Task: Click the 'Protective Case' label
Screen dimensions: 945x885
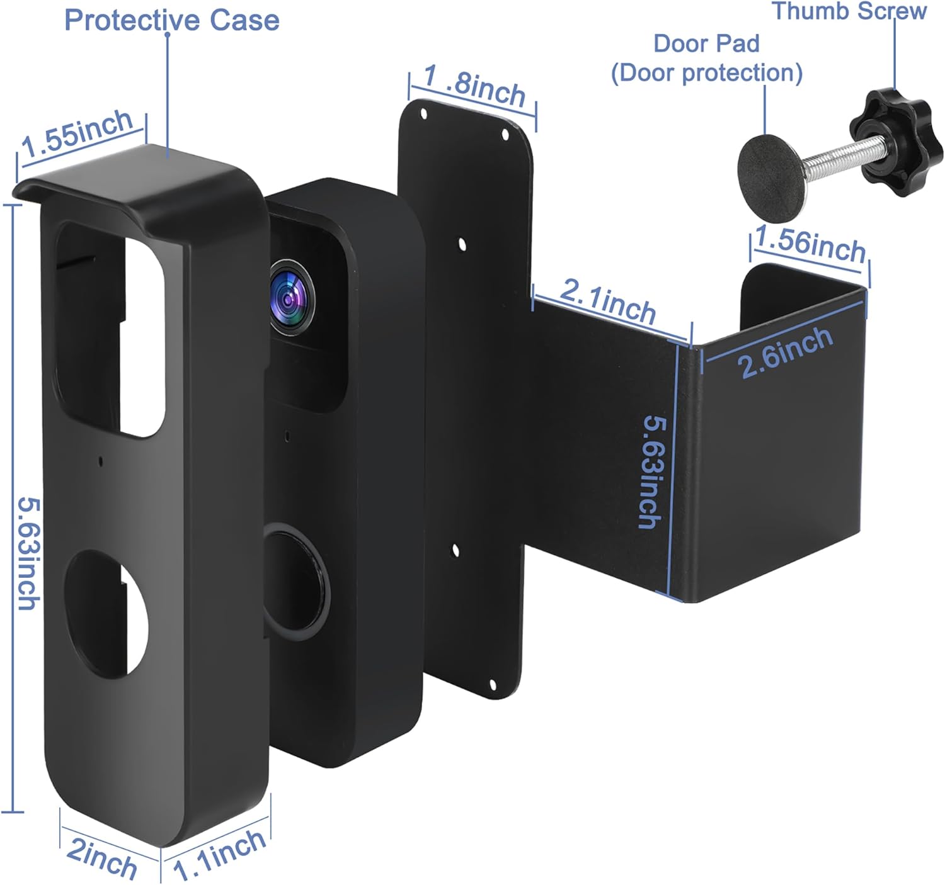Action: (171, 20)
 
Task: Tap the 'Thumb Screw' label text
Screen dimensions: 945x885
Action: (849, 11)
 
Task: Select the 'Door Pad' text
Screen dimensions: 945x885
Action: (706, 43)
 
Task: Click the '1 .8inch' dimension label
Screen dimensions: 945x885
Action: (474, 86)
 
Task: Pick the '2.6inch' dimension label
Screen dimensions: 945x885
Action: (785, 352)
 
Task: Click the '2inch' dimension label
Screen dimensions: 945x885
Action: (101, 857)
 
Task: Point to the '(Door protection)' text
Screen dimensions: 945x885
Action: (706, 72)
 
